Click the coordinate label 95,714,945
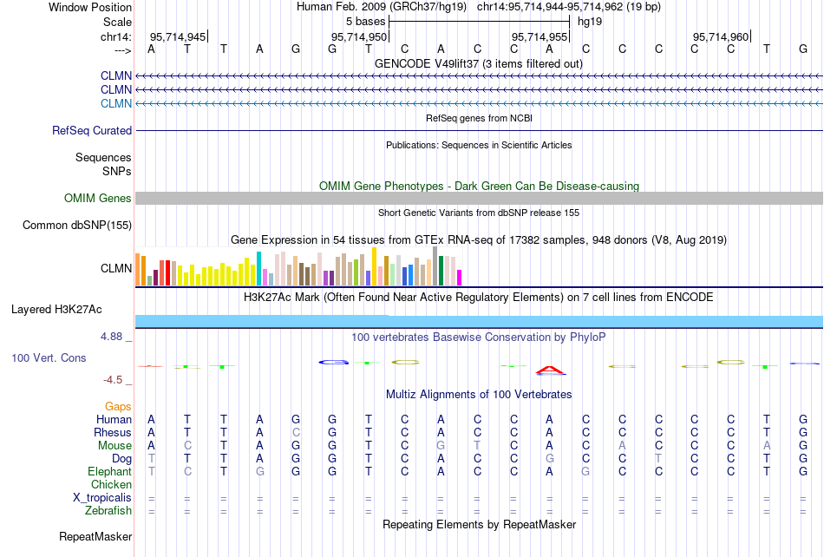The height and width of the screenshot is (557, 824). pos(179,36)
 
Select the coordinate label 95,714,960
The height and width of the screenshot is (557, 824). pos(721,36)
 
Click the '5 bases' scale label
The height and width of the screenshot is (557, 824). pos(365,21)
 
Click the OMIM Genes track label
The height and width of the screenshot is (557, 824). pos(98,199)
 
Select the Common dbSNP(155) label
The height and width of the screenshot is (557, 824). pos(76,226)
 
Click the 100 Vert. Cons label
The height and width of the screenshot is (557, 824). pos(49,357)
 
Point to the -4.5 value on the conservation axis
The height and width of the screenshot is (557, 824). pos(114,380)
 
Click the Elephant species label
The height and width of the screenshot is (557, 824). pos(109,471)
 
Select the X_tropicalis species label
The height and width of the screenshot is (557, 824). pos(102,497)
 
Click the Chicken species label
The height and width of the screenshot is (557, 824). pos(111,484)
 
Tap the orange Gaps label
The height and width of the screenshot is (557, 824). pos(118,406)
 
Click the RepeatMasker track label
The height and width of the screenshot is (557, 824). pos(95,537)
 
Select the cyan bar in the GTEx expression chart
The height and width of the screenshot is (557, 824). pos(259,268)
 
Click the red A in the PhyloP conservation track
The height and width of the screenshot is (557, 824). pos(550,370)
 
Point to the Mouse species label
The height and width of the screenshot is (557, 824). pos(114,445)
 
